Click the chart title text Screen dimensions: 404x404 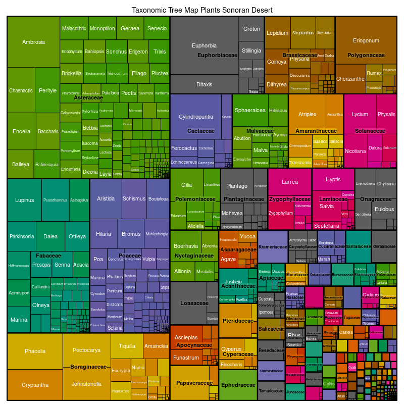(x=202, y=10)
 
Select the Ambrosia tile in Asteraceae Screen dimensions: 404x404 (x=34, y=42)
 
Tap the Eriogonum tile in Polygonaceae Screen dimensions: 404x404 (x=366, y=40)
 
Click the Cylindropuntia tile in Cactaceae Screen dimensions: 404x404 (x=196, y=117)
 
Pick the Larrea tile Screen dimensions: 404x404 (x=289, y=182)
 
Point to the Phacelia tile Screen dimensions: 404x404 (x=35, y=351)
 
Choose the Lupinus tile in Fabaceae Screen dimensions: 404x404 (x=24, y=200)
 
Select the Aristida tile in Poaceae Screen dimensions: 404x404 (x=106, y=198)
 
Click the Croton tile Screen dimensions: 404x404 (x=251, y=29)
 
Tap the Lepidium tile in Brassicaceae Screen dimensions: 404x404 (x=277, y=33)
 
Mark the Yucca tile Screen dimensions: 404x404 (x=247, y=236)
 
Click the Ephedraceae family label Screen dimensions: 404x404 (x=238, y=385)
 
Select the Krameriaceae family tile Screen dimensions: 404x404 (x=273, y=246)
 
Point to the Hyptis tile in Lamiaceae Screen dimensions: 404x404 (x=333, y=180)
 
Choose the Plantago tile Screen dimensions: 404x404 (x=237, y=186)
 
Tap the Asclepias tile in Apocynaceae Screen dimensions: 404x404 (x=186, y=337)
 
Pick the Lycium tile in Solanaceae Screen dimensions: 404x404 (x=360, y=114)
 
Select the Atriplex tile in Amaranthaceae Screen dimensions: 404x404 (x=307, y=114)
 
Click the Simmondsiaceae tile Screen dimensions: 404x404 (x=271, y=371)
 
